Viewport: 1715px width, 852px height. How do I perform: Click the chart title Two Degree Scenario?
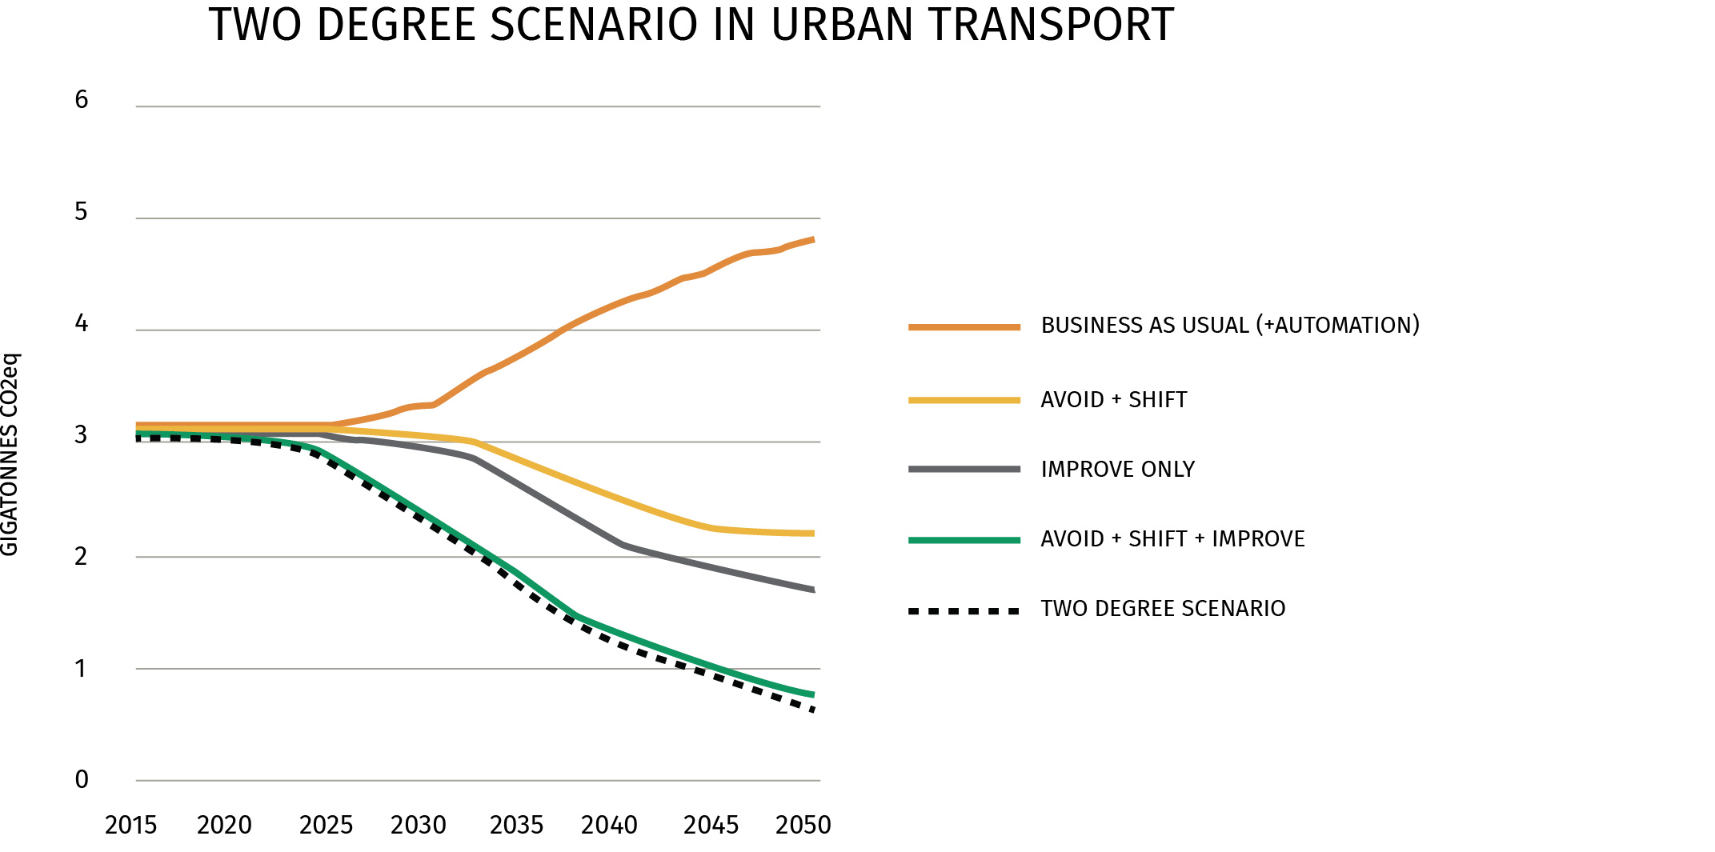pos(691,25)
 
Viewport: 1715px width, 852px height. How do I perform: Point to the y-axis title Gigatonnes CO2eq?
pos(10,454)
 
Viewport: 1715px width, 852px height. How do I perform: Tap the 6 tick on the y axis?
pos(81,100)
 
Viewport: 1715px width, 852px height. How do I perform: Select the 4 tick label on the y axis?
pos(81,324)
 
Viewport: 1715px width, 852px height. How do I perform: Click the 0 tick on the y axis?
pos(81,780)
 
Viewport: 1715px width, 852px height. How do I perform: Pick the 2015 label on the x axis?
pos(130,825)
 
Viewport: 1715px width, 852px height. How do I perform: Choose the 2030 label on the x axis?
pos(418,825)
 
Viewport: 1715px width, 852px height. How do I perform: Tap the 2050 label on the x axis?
pos(803,825)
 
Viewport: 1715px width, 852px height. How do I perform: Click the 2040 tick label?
pos(609,825)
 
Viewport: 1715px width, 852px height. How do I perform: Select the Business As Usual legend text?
pos(1230,326)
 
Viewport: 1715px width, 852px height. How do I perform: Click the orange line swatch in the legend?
pos(964,327)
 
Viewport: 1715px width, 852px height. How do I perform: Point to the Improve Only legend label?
pos(1117,470)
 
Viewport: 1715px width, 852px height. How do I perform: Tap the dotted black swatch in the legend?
pos(964,611)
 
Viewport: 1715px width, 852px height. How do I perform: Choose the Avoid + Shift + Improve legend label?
pos(1172,539)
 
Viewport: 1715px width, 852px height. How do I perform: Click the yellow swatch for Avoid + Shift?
pos(964,400)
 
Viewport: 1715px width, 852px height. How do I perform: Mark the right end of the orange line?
pos(812,239)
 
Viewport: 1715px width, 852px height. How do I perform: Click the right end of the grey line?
pos(812,590)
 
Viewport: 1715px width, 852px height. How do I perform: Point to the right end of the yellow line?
pos(812,534)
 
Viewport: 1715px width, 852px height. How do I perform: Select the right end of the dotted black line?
pos(811,709)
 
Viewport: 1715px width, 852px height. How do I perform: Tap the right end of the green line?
pos(812,694)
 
